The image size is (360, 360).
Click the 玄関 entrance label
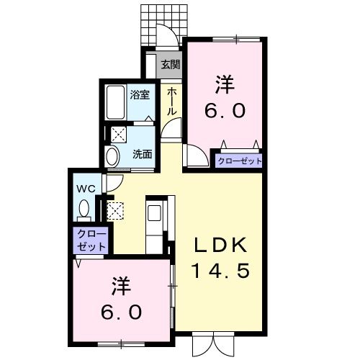tap(170, 65)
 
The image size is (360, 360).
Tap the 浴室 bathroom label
tap(140, 94)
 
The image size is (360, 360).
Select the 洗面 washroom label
tap(142, 153)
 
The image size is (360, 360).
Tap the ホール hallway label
tap(172, 102)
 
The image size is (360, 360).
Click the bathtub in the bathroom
tap(116, 103)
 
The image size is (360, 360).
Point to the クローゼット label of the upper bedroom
tap(239, 161)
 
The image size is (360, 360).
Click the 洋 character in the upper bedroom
tap(223, 84)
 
